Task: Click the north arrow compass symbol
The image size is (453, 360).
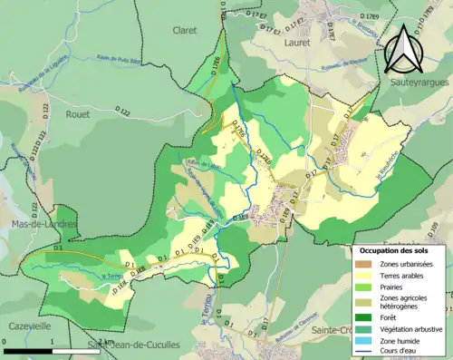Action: click(x=406, y=49)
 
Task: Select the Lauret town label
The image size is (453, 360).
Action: click(x=296, y=42)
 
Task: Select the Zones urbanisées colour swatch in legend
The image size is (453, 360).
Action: click(x=365, y=264)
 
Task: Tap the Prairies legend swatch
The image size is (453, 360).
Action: click(x=365, y=287)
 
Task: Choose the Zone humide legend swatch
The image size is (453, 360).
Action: click(x=365, y=340)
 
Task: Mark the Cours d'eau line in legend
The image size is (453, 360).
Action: click(x=365, y=352)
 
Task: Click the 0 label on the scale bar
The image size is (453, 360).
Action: click(x=5, y=341)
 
